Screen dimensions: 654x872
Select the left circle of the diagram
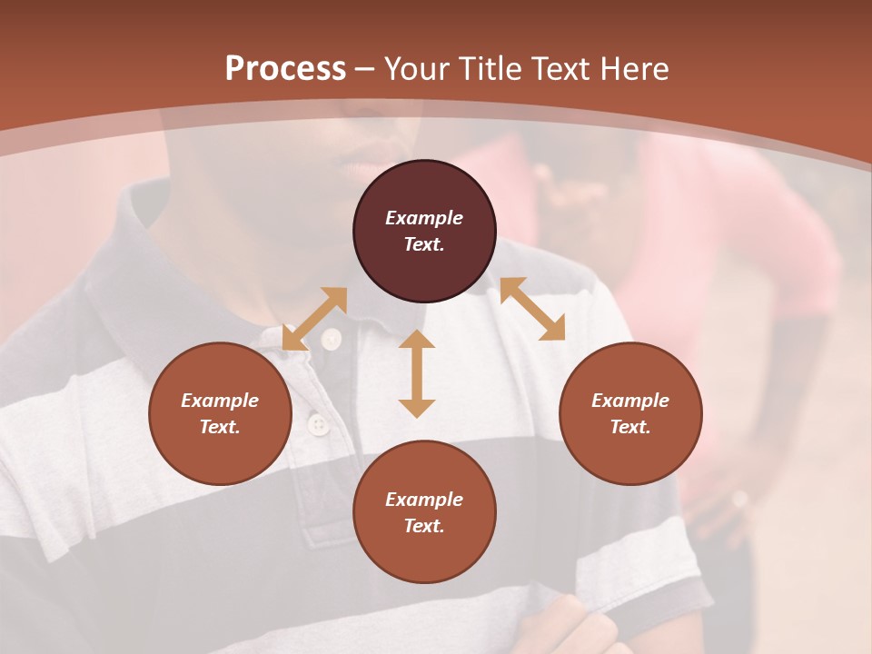tap(220, 413)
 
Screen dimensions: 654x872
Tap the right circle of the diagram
tap(630, 413)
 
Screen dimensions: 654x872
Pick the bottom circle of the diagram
tap(424, 511)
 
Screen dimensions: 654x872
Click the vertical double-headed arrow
tap(417, 373)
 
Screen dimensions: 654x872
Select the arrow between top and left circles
tap(314, 318)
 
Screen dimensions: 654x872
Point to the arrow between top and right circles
tap(532, 309)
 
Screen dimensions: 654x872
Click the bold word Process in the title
tap(285, 68)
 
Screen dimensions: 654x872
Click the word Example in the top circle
tap(424, 218)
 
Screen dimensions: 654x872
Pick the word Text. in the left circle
tap(220, 427)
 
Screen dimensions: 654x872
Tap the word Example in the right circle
tap(630, 401)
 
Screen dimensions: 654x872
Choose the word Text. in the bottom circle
tap(424, 526)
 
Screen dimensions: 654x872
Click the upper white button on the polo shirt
tap(331, 339)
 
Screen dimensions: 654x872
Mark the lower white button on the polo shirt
tap(318, 423)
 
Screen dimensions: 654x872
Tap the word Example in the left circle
tap(220, 401)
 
